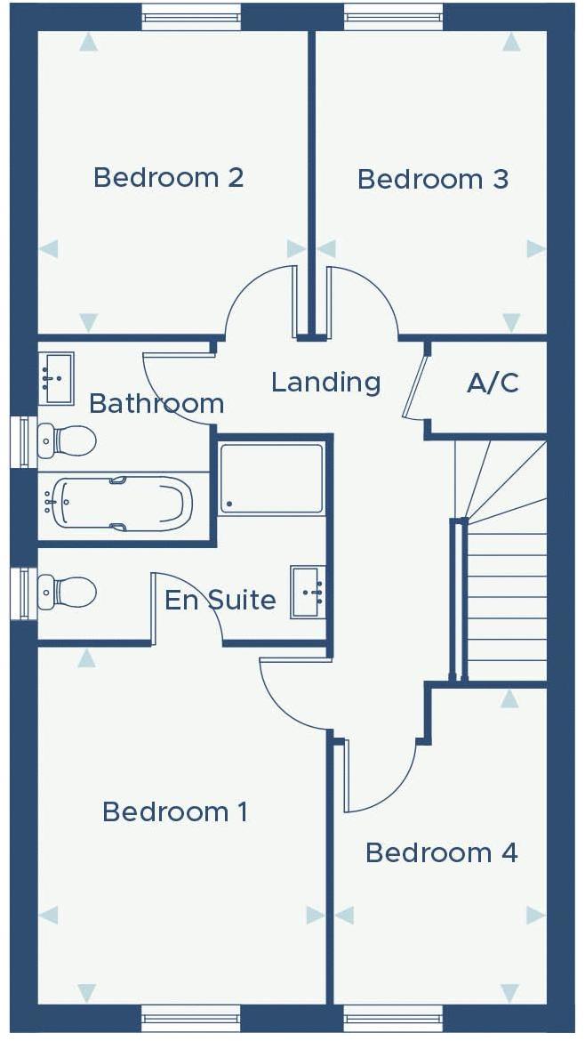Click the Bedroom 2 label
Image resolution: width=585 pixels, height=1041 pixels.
(x=168, y=177)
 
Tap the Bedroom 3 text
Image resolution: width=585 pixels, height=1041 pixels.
(x=433, y=179)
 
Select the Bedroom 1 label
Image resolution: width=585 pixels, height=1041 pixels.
(x=175, y=811)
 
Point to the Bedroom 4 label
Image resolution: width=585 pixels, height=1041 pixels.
(x=441, y=852)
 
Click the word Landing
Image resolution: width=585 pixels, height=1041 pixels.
(x=325, y=383)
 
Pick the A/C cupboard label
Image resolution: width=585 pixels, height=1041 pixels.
(x=493, y=383)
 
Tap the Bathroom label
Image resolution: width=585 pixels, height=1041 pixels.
(x=156, y=403)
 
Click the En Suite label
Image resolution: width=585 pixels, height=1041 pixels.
(x=220, y=600)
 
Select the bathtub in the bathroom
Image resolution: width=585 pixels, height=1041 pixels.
(x=121, y=504)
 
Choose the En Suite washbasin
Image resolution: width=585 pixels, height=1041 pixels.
(x=308, y=591)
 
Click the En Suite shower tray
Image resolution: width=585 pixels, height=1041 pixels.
(x=271, y=479)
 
